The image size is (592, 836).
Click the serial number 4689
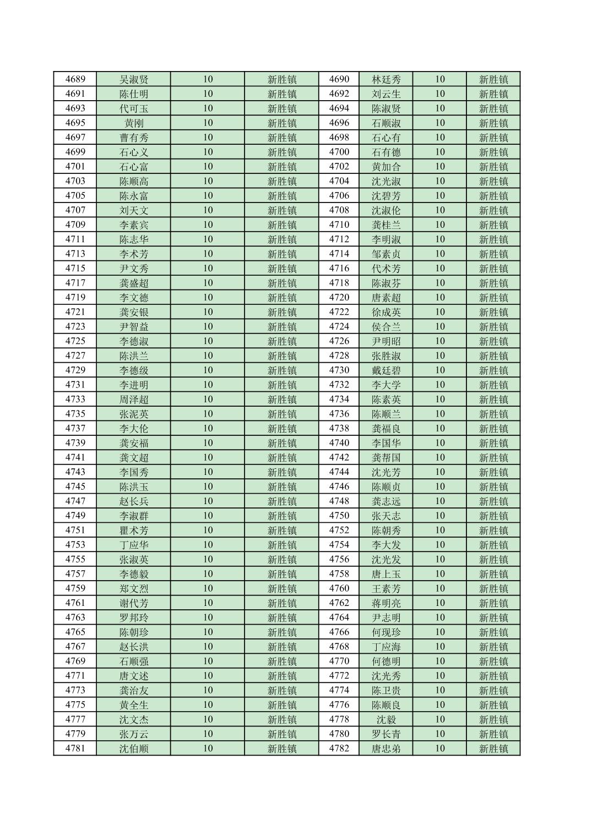click(75, 79)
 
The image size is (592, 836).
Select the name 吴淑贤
click(134, 79)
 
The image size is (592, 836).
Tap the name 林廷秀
click(386, 79)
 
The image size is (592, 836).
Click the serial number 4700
click(339, 152)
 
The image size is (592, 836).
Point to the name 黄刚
click(134, 123)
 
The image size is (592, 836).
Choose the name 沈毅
click(386, 719)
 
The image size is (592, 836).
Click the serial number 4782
click(339, 748)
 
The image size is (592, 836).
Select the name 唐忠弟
click(386, 748)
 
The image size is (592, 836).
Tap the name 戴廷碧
click(386, 370)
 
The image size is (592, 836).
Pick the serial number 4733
click(75, 400)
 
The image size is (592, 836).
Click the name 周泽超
click(134, 400)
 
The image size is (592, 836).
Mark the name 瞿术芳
click(134, 531)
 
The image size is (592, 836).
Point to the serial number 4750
click(339, 516)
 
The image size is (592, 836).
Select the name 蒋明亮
click(386, 603)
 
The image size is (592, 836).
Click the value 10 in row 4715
click(208, 269)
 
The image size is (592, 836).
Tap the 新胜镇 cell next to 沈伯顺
click(282, 748)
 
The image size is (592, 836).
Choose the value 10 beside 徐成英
click(439, 312)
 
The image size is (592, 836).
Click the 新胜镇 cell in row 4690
click(493, 79)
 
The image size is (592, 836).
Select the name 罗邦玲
click(134, 618)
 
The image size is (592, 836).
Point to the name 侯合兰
click(386, 327)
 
